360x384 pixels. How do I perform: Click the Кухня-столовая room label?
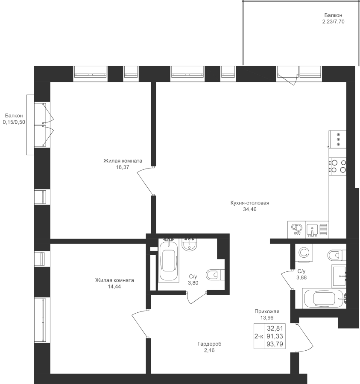coord(250,203)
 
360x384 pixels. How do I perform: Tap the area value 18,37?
coord(123,167)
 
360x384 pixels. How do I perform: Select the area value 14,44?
coord(114,287)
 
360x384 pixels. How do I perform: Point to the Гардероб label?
coord(209,344)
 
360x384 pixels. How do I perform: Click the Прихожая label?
coord(267,311)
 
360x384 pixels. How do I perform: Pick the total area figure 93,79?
coord(275,344)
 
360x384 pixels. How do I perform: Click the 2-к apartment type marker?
coord(259,336)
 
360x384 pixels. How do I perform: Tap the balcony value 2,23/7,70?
coord(333,22)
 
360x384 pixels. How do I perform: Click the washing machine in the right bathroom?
coord(304,253)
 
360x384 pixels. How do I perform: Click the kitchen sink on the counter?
coord(317,230)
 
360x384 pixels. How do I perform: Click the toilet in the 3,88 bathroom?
coord(337,255)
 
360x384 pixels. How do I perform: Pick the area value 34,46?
coord(250,209)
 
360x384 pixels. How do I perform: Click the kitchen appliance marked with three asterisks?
coord(338,139)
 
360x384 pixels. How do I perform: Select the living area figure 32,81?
coord(275,328)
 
